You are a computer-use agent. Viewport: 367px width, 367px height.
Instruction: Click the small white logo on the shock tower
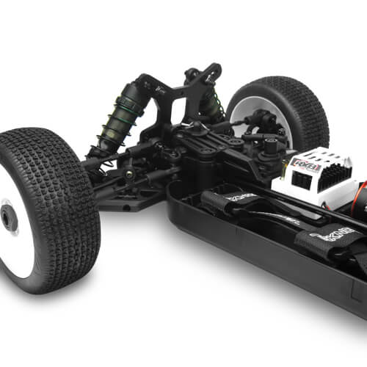tap(161, 91)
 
